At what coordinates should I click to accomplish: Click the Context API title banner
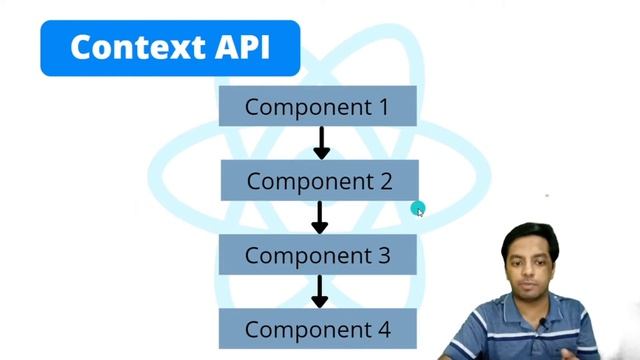click(170, 48)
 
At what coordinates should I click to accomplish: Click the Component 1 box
click(317, 106)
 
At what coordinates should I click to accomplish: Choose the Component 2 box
click(319, 181)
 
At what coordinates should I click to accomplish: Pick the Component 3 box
click(317, 255)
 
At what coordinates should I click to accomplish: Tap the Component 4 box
click(317, 329)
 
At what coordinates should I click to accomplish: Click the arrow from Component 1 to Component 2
click(321, 142)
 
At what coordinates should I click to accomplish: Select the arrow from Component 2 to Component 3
click(320, 217)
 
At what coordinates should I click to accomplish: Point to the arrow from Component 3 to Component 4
click(320, 291)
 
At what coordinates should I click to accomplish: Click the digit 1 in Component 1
click(381, 106)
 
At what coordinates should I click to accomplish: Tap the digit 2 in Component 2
click(384, 181)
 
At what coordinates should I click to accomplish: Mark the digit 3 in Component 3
click(382, 255)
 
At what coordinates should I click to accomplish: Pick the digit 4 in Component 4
click(382, 329)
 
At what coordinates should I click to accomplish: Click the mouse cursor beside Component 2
click(418, 209)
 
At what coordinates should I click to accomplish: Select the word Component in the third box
click(305, 256)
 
